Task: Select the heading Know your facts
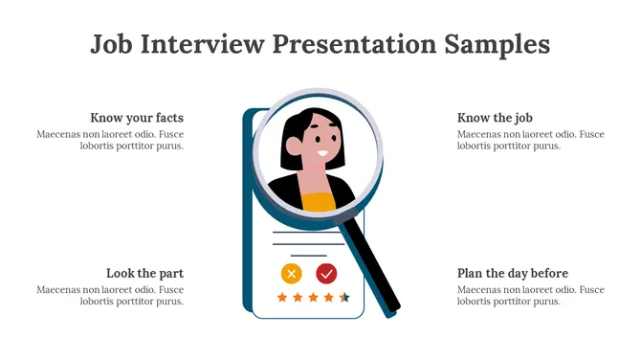tap(137, 118)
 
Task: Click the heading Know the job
tap(495, 118)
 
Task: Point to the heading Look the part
tap(144, 273)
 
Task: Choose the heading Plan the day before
tap(513, 273)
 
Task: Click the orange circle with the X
tap(292, 273)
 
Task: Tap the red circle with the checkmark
tap(326, 273)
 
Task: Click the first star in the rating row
tap(282, 298)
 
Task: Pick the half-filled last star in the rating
tap(344, 298)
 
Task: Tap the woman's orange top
tap(320, 201)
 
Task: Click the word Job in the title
tap(110, 44)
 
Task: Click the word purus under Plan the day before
tap(546, 302)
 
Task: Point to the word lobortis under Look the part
tap(99, 302)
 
